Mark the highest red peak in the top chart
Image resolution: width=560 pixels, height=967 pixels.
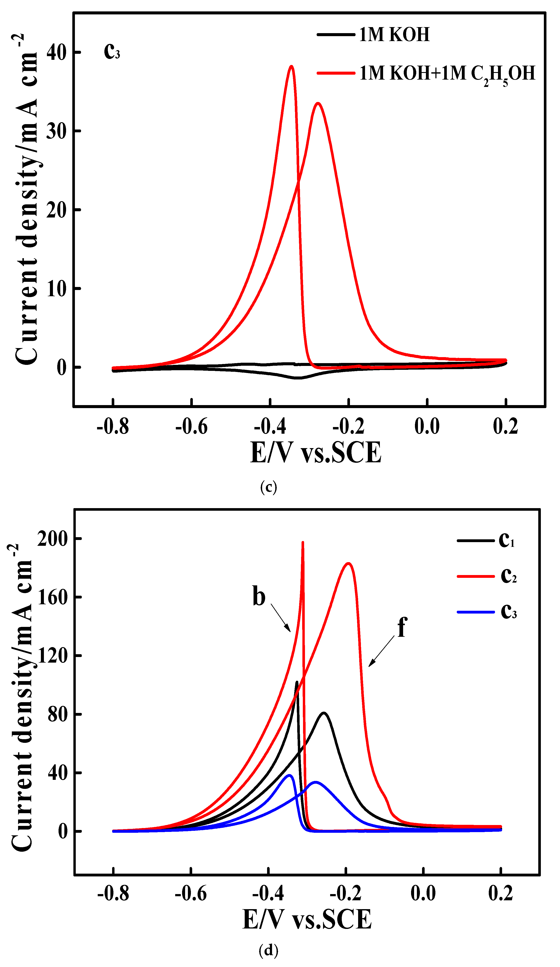pos(291,66)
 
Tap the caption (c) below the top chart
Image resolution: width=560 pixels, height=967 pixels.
pos(268,487)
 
